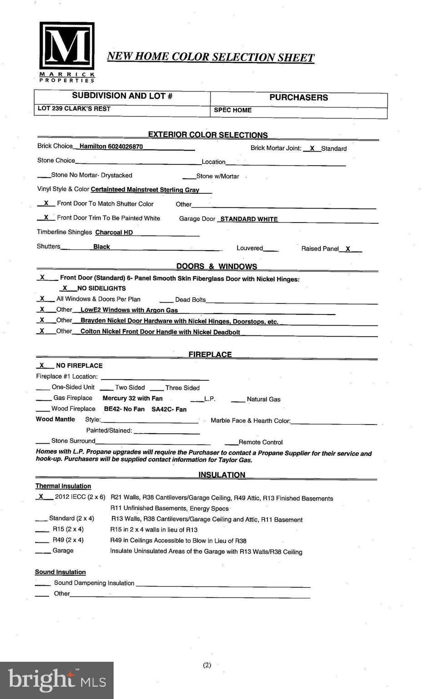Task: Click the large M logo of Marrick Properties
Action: (x=67, y=46)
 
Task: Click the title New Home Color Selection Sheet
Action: (x=210, y=57)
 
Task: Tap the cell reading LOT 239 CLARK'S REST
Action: (x=74, y=109)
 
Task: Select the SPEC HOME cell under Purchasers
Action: (x=232, y=110)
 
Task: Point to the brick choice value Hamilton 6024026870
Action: (x=111, y=147)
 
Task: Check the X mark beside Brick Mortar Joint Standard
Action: (x=312, y=148)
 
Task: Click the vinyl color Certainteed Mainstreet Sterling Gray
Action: (x=145, y=190)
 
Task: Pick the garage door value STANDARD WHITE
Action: (x=249, y=219)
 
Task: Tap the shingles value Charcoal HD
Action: (x=114, y=233)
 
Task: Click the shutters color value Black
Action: (x=101, y=247)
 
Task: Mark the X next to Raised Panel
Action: (x=348, y=248)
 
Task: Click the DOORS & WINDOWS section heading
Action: (x=217, y=266)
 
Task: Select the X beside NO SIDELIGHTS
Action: (x=65, y=288)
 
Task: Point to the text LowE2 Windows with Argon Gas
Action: (x=129, y=310)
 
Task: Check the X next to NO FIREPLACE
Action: (x=42, y=365)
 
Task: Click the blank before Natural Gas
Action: (x=238, y=399)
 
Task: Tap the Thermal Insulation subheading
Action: (x=63, y=486)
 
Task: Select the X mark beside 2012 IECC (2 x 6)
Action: (x=41, y=496)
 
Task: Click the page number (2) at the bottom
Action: (x=207, y=665)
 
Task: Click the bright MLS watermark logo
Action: (x=57, y=680)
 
